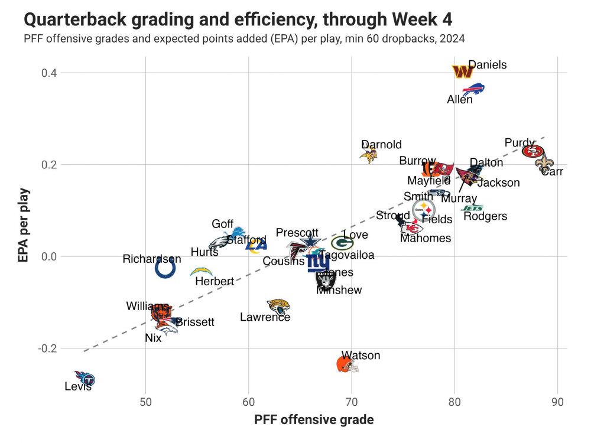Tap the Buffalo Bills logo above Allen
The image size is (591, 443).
click(473, 90)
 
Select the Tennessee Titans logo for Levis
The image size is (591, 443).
click(85, 378)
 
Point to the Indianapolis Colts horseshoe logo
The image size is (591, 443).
click(165, 268)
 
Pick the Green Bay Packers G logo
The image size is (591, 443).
click(342, 243)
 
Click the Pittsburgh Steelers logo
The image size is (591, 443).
click(424, 209)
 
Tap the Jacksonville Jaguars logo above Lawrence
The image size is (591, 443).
click(278, 306)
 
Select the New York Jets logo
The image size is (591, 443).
click(473, 208)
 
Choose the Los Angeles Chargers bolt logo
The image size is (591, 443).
click(201, 272)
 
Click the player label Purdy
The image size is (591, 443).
click(519, 143)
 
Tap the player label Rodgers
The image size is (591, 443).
click(485, 217)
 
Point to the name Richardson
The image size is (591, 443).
click(152, 259)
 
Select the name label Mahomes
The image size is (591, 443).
click(426, 239)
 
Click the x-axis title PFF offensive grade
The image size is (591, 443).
click(314, 420)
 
